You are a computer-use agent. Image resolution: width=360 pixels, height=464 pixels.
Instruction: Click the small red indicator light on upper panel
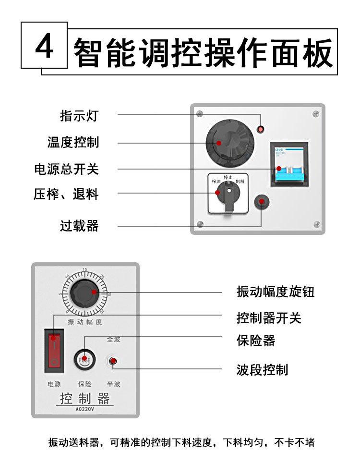click(x=261, y=129)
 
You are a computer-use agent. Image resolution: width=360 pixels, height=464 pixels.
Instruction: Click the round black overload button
click(x=262, y=203)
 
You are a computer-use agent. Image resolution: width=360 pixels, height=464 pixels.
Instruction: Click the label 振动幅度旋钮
click(x=276, y=292)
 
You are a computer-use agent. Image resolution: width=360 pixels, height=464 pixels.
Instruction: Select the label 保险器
click(x=256, y=341)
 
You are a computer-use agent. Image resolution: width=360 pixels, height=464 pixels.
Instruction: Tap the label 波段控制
click(x=262, y=369)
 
